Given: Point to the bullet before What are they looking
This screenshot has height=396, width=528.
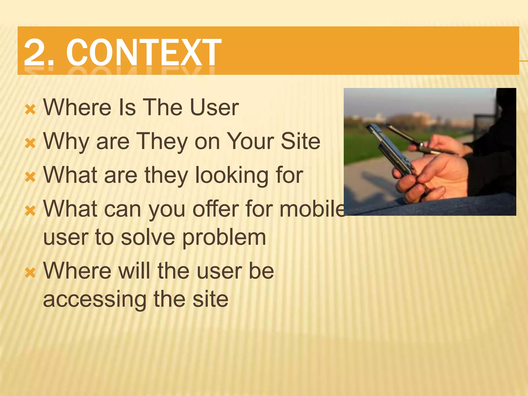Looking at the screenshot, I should pyautogui.click(x=30, y=177).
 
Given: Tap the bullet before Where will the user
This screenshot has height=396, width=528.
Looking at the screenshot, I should pyautogui.click(x=30, y=273).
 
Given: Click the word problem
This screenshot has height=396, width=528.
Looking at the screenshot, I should pyautogui.click(x=224, y=238).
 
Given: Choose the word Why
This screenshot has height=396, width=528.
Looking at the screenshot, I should pyautogui.click(x=66, y=142).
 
